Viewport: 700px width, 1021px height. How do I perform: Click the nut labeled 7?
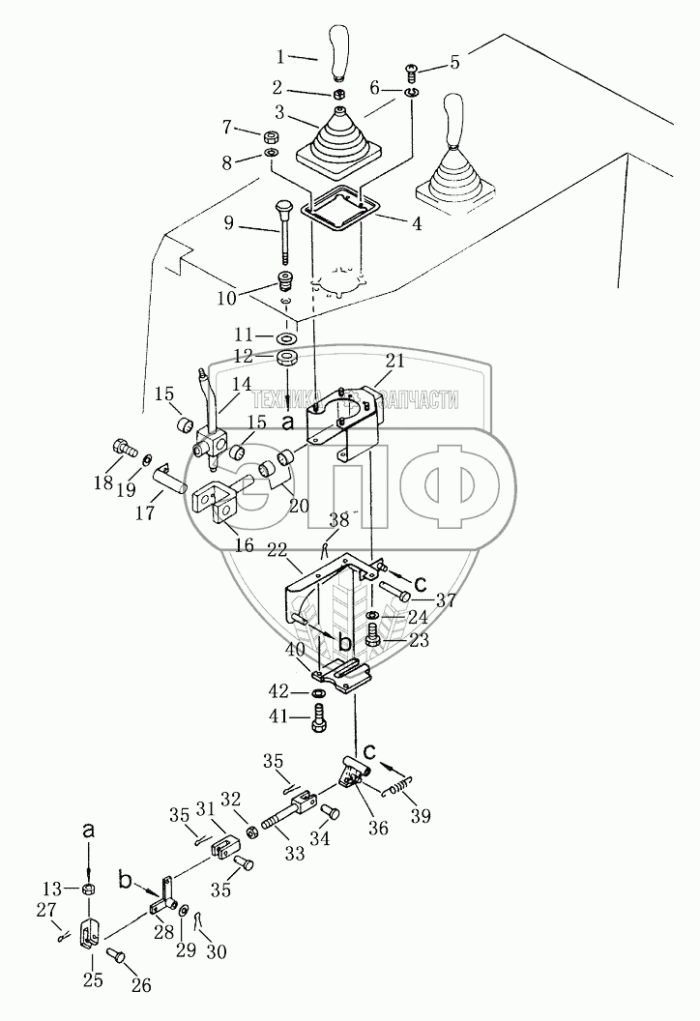click(272, 133)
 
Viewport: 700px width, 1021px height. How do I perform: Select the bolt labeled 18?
click(121, 449)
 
